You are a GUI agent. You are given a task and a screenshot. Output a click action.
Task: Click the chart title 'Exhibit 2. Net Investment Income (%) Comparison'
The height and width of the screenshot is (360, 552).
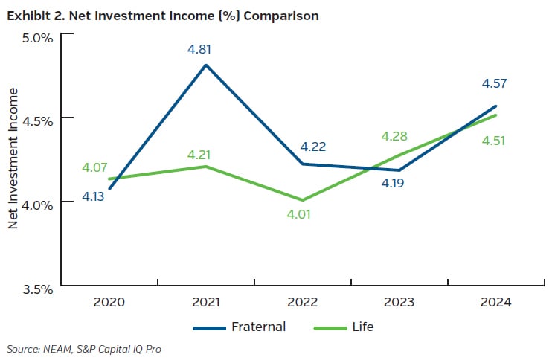(162, 16)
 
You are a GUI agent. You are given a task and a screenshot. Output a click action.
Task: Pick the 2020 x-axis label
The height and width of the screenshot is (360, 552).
(109, 302)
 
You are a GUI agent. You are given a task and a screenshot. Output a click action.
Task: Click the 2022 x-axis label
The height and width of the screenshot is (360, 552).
(301, 302)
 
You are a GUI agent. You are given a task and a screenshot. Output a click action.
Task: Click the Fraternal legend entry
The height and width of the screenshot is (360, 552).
(238, 327)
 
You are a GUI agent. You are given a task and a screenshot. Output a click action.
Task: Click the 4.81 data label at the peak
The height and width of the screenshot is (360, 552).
(205, 51)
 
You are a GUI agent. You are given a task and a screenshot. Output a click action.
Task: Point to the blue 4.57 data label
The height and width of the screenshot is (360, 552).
(492, 83)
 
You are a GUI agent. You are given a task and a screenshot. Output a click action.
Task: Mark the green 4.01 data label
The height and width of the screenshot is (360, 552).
(298, 213)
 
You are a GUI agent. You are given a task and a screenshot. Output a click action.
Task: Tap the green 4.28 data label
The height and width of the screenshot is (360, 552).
(395, 136)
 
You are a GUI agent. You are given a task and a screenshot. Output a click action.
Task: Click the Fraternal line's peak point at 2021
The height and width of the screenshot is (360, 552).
(205, 65)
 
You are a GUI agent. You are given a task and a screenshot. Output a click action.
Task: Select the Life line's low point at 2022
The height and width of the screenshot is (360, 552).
(301, 200)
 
